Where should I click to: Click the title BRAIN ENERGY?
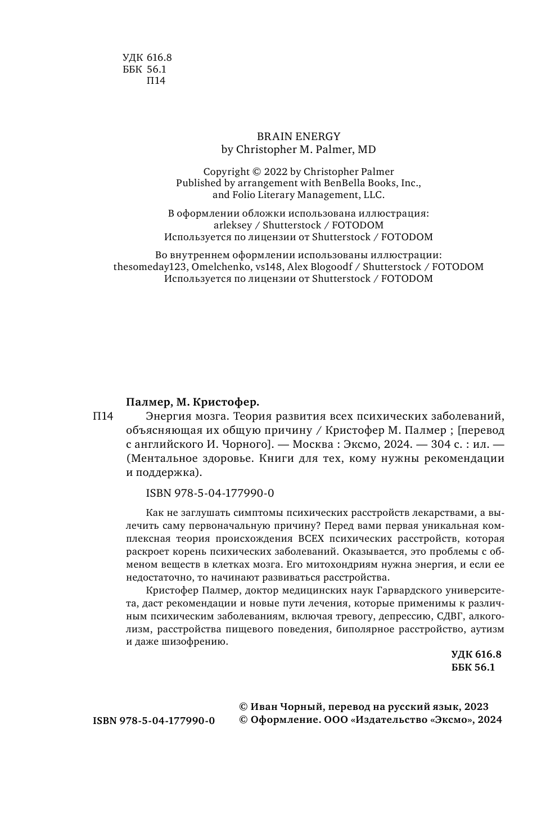[x=299, y=136]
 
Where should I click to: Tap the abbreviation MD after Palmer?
[x=367, y=150]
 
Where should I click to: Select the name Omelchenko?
[x=207, y=267]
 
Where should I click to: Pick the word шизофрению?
[x=199, y=641]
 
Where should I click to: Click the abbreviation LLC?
[x=373, y=195]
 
